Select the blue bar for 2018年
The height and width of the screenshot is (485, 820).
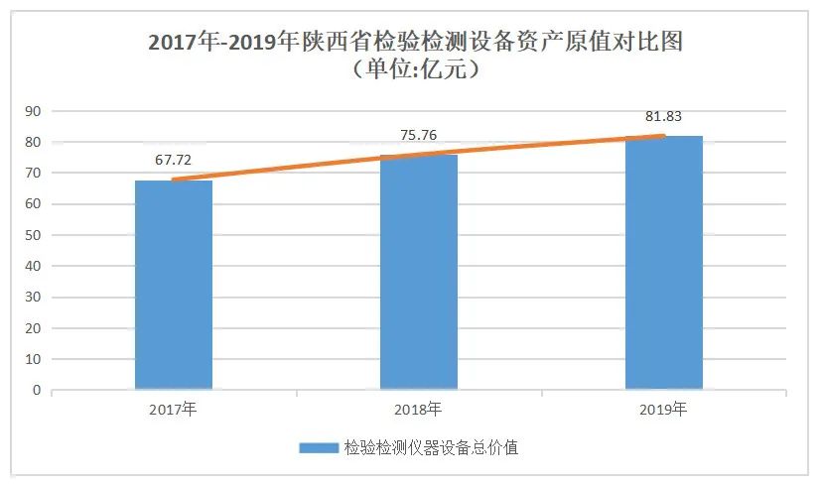[x=419, y=272]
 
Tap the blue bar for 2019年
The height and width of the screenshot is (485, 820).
[x=664, y=262]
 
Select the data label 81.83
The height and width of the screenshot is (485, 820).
[x=664, y=116]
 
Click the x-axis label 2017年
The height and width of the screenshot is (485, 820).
[x=174, y=408]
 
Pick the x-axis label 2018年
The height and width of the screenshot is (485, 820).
[x=419, y=408]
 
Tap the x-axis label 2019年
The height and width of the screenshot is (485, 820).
[x=664, y=408]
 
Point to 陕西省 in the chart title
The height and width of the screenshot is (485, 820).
[x=332, y=43]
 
